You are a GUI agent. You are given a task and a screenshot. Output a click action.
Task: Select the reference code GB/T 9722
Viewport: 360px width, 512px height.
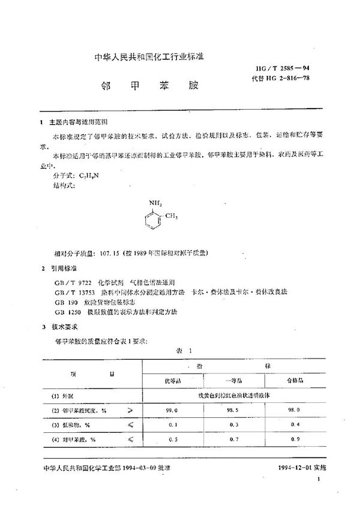[x=66, y=281]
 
